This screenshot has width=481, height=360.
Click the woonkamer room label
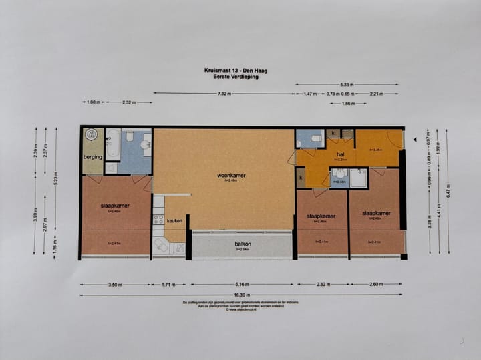coord(231,176)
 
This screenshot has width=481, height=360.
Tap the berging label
coord(92,157)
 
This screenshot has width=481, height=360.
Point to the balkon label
coord(243,244)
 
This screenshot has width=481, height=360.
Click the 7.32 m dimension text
coord(224,94)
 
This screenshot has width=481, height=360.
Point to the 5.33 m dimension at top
coord(347,85)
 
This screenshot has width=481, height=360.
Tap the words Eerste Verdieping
coord(231,77)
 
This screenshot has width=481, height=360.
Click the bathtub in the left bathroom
coord(113,143)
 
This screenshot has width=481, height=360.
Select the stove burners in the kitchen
coord(158,218)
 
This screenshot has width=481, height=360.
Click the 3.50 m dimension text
coord(115,285)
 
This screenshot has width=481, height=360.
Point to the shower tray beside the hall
coord(358,178)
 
